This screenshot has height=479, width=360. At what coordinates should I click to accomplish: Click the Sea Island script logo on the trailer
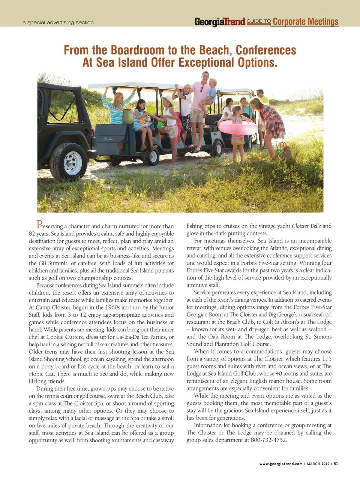tap(109, 139)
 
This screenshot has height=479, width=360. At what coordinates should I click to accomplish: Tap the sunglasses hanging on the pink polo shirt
tap(201, 89)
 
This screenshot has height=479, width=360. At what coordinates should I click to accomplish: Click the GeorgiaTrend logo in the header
tap(219, 22)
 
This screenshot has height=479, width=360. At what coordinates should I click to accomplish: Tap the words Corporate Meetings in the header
tap(305, 21)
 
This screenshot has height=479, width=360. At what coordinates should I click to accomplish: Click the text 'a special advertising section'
tap(58, 22)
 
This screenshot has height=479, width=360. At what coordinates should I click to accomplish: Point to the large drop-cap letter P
tap(39, 225)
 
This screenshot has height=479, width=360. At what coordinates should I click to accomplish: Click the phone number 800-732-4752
tap(268, 440)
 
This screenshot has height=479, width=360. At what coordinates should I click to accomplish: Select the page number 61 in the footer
tap(336, 464)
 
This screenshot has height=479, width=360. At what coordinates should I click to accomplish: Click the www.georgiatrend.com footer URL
tap(281, 464)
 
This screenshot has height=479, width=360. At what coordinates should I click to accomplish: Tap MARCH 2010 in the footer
tap(318, 464)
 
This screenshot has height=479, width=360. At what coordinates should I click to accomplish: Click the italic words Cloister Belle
tap(306, 226)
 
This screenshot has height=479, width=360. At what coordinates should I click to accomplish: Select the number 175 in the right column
tap(327, 359)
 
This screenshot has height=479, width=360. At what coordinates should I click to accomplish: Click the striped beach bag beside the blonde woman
tap(128, 117)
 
